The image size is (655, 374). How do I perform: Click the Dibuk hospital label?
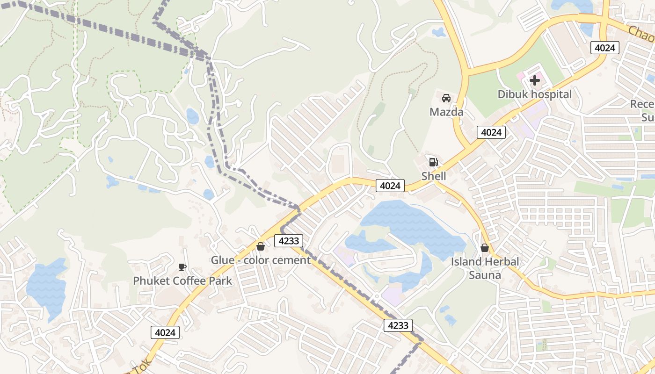click(x=534, y=94)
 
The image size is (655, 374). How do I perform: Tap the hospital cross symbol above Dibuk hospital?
click(x=535, y=80)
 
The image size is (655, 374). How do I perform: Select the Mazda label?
click(x=446, y=112)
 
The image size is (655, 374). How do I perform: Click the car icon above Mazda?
click(x=446, y=98)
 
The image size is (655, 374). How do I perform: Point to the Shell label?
click(x=434, y=176)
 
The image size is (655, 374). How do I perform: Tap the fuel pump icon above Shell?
click(x=434, y=162)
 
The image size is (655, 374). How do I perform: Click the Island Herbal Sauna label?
click(x=485, y=268)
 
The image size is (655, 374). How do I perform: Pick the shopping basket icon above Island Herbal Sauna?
click(x=485, y=248)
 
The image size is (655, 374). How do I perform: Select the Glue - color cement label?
click(x=261, y=260)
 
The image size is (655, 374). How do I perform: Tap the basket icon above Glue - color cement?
click(x=261, y=246)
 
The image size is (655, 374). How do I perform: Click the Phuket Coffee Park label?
click(x=182, y=281)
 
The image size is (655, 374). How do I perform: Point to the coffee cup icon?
click(x=182, y=267)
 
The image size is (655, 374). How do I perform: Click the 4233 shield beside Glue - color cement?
click(x=289, y=241)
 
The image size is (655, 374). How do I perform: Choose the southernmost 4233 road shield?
click(x=398, y=325)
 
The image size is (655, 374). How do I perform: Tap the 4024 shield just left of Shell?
click(x=390, y=186)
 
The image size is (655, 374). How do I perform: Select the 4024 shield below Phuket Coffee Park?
click(x=165, y=333)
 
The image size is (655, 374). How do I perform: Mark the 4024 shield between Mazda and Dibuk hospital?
click(x=491, y=133)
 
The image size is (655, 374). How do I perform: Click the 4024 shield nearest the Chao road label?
click(x=605, y=48)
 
